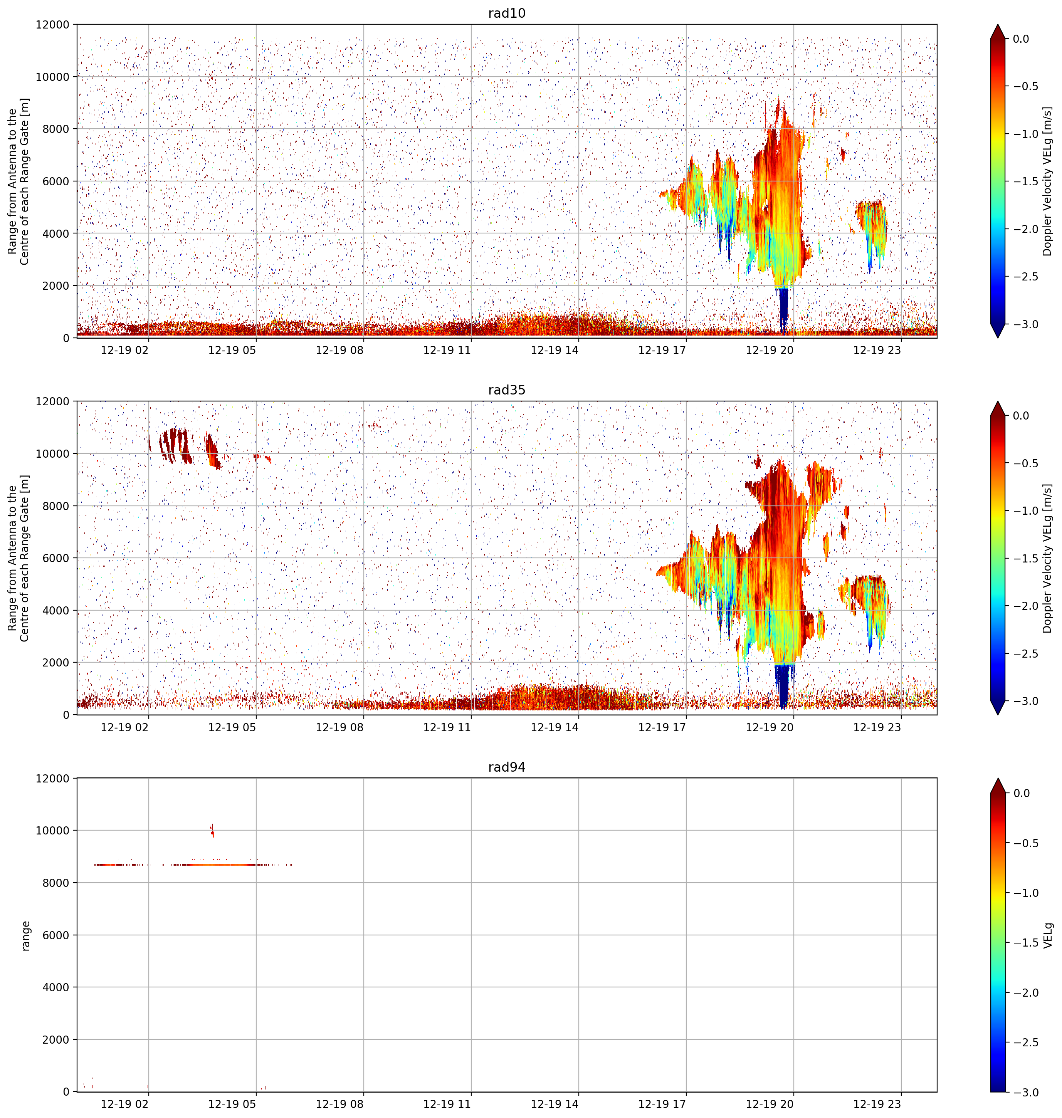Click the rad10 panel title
(x=507, y=13)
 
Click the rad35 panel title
(x=507, y=390)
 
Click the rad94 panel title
(x=507, y=767)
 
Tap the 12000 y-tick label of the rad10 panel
(x=53, y=25)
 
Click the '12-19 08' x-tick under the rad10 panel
(x=339, y=350)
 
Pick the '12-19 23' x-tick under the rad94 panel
(x=877, y=1104)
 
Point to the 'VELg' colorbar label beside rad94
(x=1048, y=935)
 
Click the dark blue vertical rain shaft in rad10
(x=783, y=310)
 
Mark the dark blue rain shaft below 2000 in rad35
(x=783, y=686)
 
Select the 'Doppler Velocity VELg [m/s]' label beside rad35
(x=1047, y=558)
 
